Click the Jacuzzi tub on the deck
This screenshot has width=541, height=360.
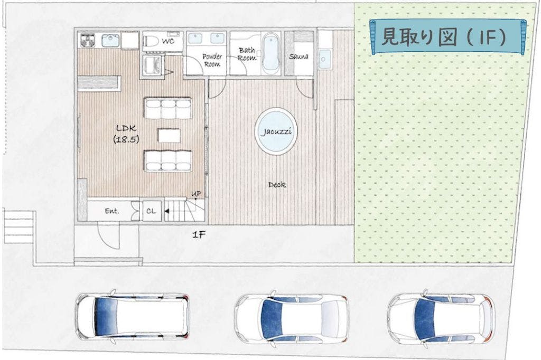pos(276,131)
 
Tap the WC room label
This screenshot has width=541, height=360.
pos(168,42)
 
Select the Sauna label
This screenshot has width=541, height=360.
pos(299,56)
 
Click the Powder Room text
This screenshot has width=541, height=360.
pos(212,60)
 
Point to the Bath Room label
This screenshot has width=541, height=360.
pos(247,54)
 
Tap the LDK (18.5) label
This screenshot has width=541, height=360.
pos(126,134)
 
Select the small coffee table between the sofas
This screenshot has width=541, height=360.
pos(169,135)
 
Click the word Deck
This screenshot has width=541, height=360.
pos(277,185)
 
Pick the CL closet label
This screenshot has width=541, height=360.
pos(151,211)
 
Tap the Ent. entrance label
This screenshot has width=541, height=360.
pos(112,211)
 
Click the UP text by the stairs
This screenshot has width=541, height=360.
pos(196,194)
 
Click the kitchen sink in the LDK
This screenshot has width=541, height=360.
pos(110,41)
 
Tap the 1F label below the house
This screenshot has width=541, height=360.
pos(199,235)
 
